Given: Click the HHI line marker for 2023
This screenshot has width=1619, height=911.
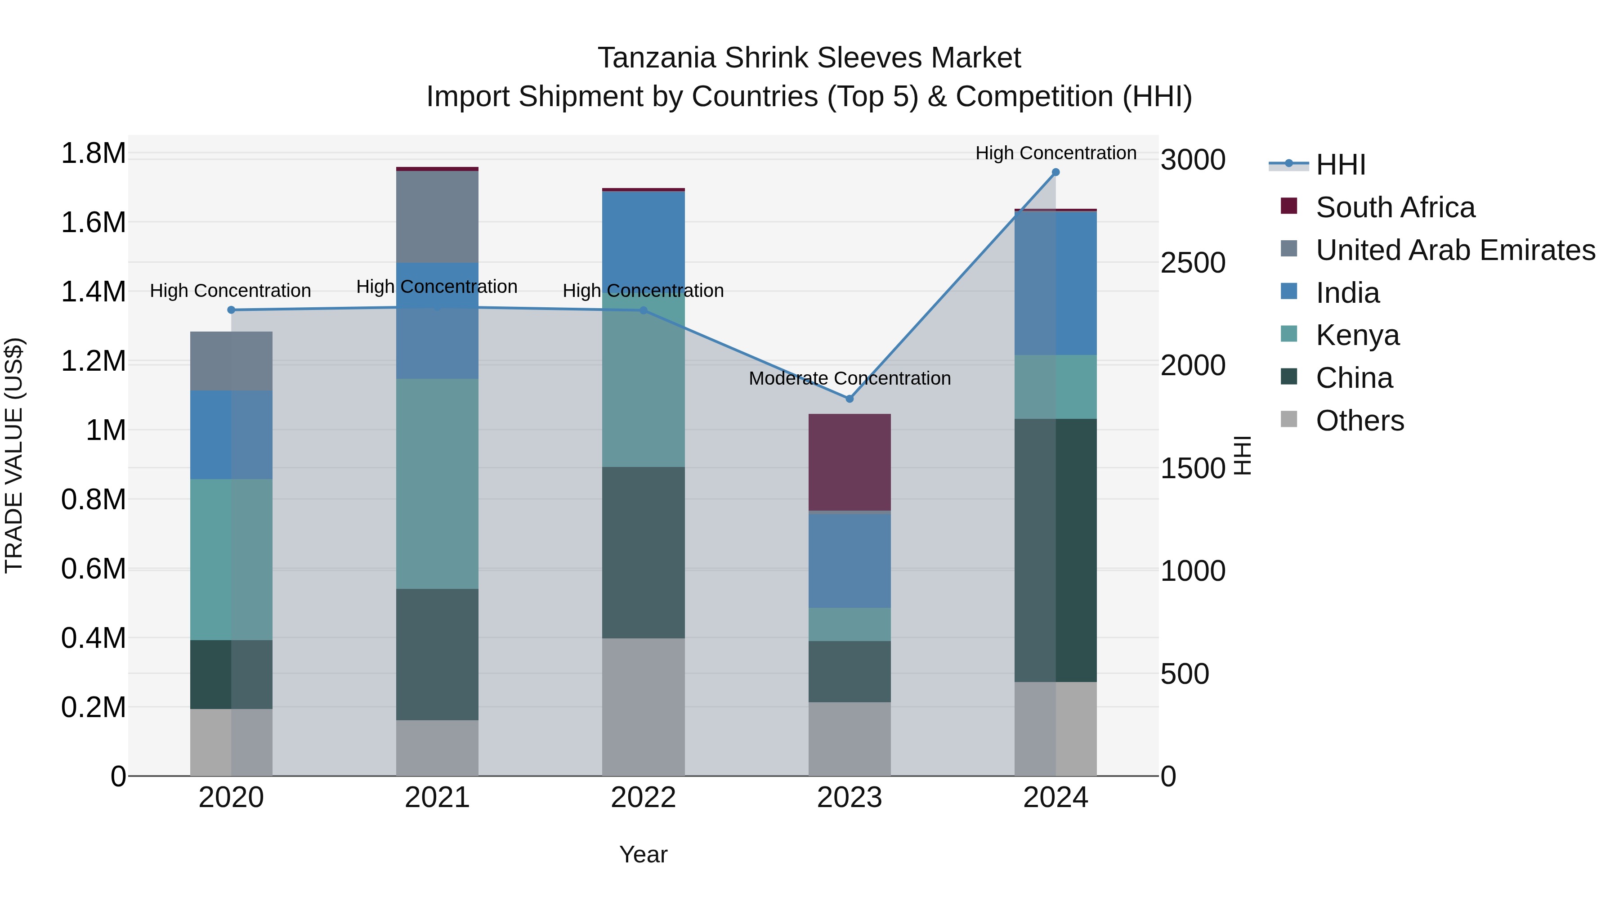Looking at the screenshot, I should click(x=849, y=399).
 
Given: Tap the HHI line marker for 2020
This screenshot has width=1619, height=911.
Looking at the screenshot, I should click(x=231, y=310).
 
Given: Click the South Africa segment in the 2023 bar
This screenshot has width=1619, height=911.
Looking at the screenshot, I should click(x=849, y=462).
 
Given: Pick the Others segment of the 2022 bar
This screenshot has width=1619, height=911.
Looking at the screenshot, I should click(x=643, y=707).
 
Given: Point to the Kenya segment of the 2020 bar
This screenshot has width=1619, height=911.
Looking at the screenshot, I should click(x=231, y=560).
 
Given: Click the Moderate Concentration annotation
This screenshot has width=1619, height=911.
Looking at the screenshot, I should click(x=849, y=378).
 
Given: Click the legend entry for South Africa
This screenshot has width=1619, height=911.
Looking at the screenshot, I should click(x=1395, y=207).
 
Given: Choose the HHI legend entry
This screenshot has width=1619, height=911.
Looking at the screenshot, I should click(x=1340, y=165).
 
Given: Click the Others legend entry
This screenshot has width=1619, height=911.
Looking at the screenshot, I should click(x=1360, y=421).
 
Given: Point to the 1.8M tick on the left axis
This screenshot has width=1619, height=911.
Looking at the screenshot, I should click(x=93, y=153).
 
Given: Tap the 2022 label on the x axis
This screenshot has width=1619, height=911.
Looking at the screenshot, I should click(x=643, y=798).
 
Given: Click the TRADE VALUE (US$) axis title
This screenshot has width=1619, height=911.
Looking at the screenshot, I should click(x=14, y=455).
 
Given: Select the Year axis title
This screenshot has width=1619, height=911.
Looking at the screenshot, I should click(x=643, y=854).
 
